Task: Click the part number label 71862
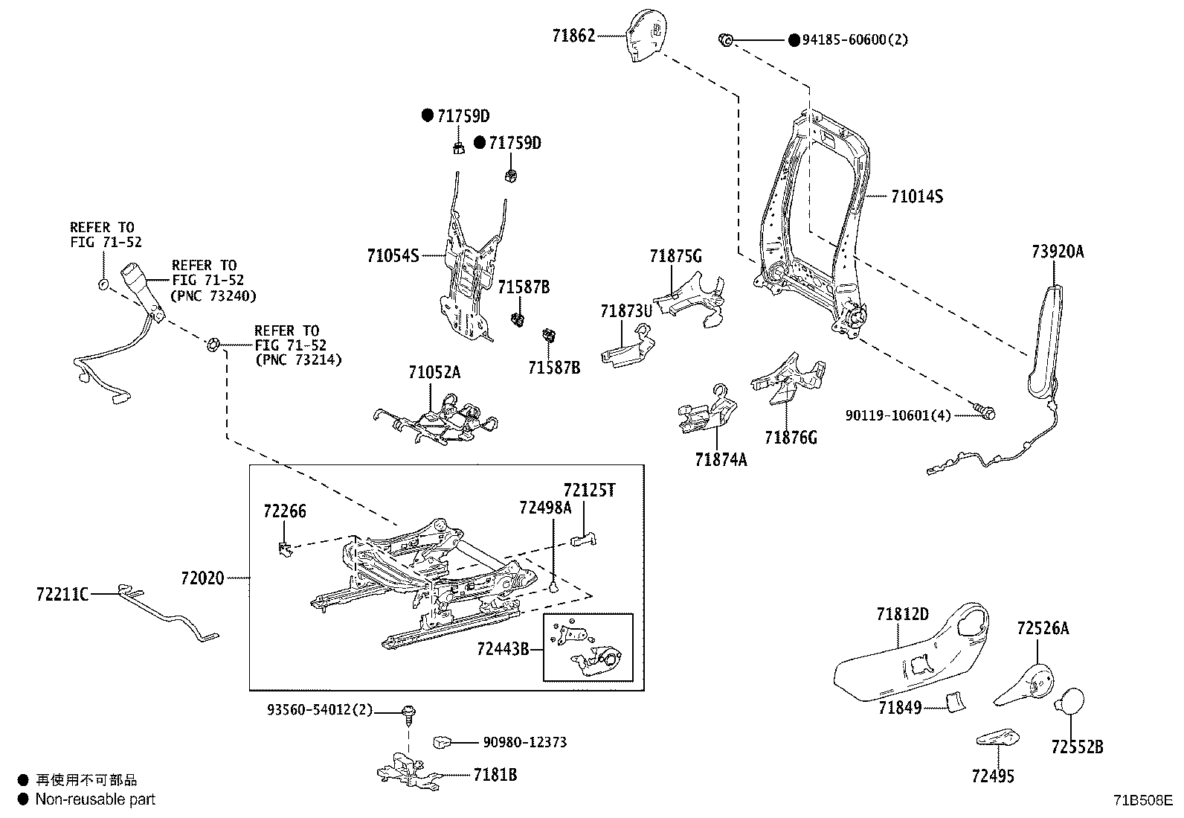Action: [573, 35]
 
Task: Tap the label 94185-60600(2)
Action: [855, 39]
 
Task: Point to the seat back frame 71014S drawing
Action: [814, 223]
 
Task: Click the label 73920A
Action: [1057, 252]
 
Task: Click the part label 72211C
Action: [62, 594]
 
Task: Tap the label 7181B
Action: [495, 775]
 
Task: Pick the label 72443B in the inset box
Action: [502, 649]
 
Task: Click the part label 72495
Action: [992, 776]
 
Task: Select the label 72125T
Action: [589, 491]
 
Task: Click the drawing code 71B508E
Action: [1142, 801]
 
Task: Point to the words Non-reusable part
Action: [96, 799]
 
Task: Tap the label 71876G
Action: [791, 438]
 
